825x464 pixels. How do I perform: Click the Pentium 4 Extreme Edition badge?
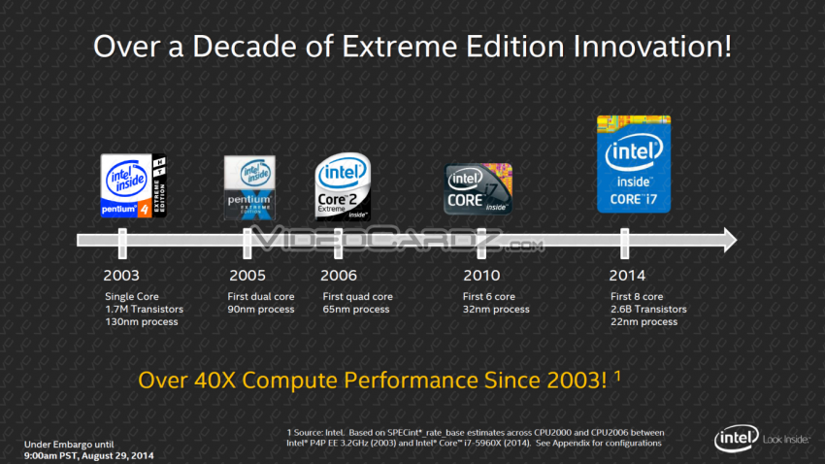134,185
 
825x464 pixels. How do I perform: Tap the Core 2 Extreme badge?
343,186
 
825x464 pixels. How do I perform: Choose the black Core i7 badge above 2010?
478,189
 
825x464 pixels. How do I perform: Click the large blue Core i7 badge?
633,161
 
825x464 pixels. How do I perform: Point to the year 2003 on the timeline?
121,276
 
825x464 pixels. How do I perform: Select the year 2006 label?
339,276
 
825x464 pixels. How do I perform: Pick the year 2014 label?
628,276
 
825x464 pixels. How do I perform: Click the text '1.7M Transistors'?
144,309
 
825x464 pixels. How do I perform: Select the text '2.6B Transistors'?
648,309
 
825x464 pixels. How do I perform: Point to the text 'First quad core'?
356,296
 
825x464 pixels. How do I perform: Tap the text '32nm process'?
496,309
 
